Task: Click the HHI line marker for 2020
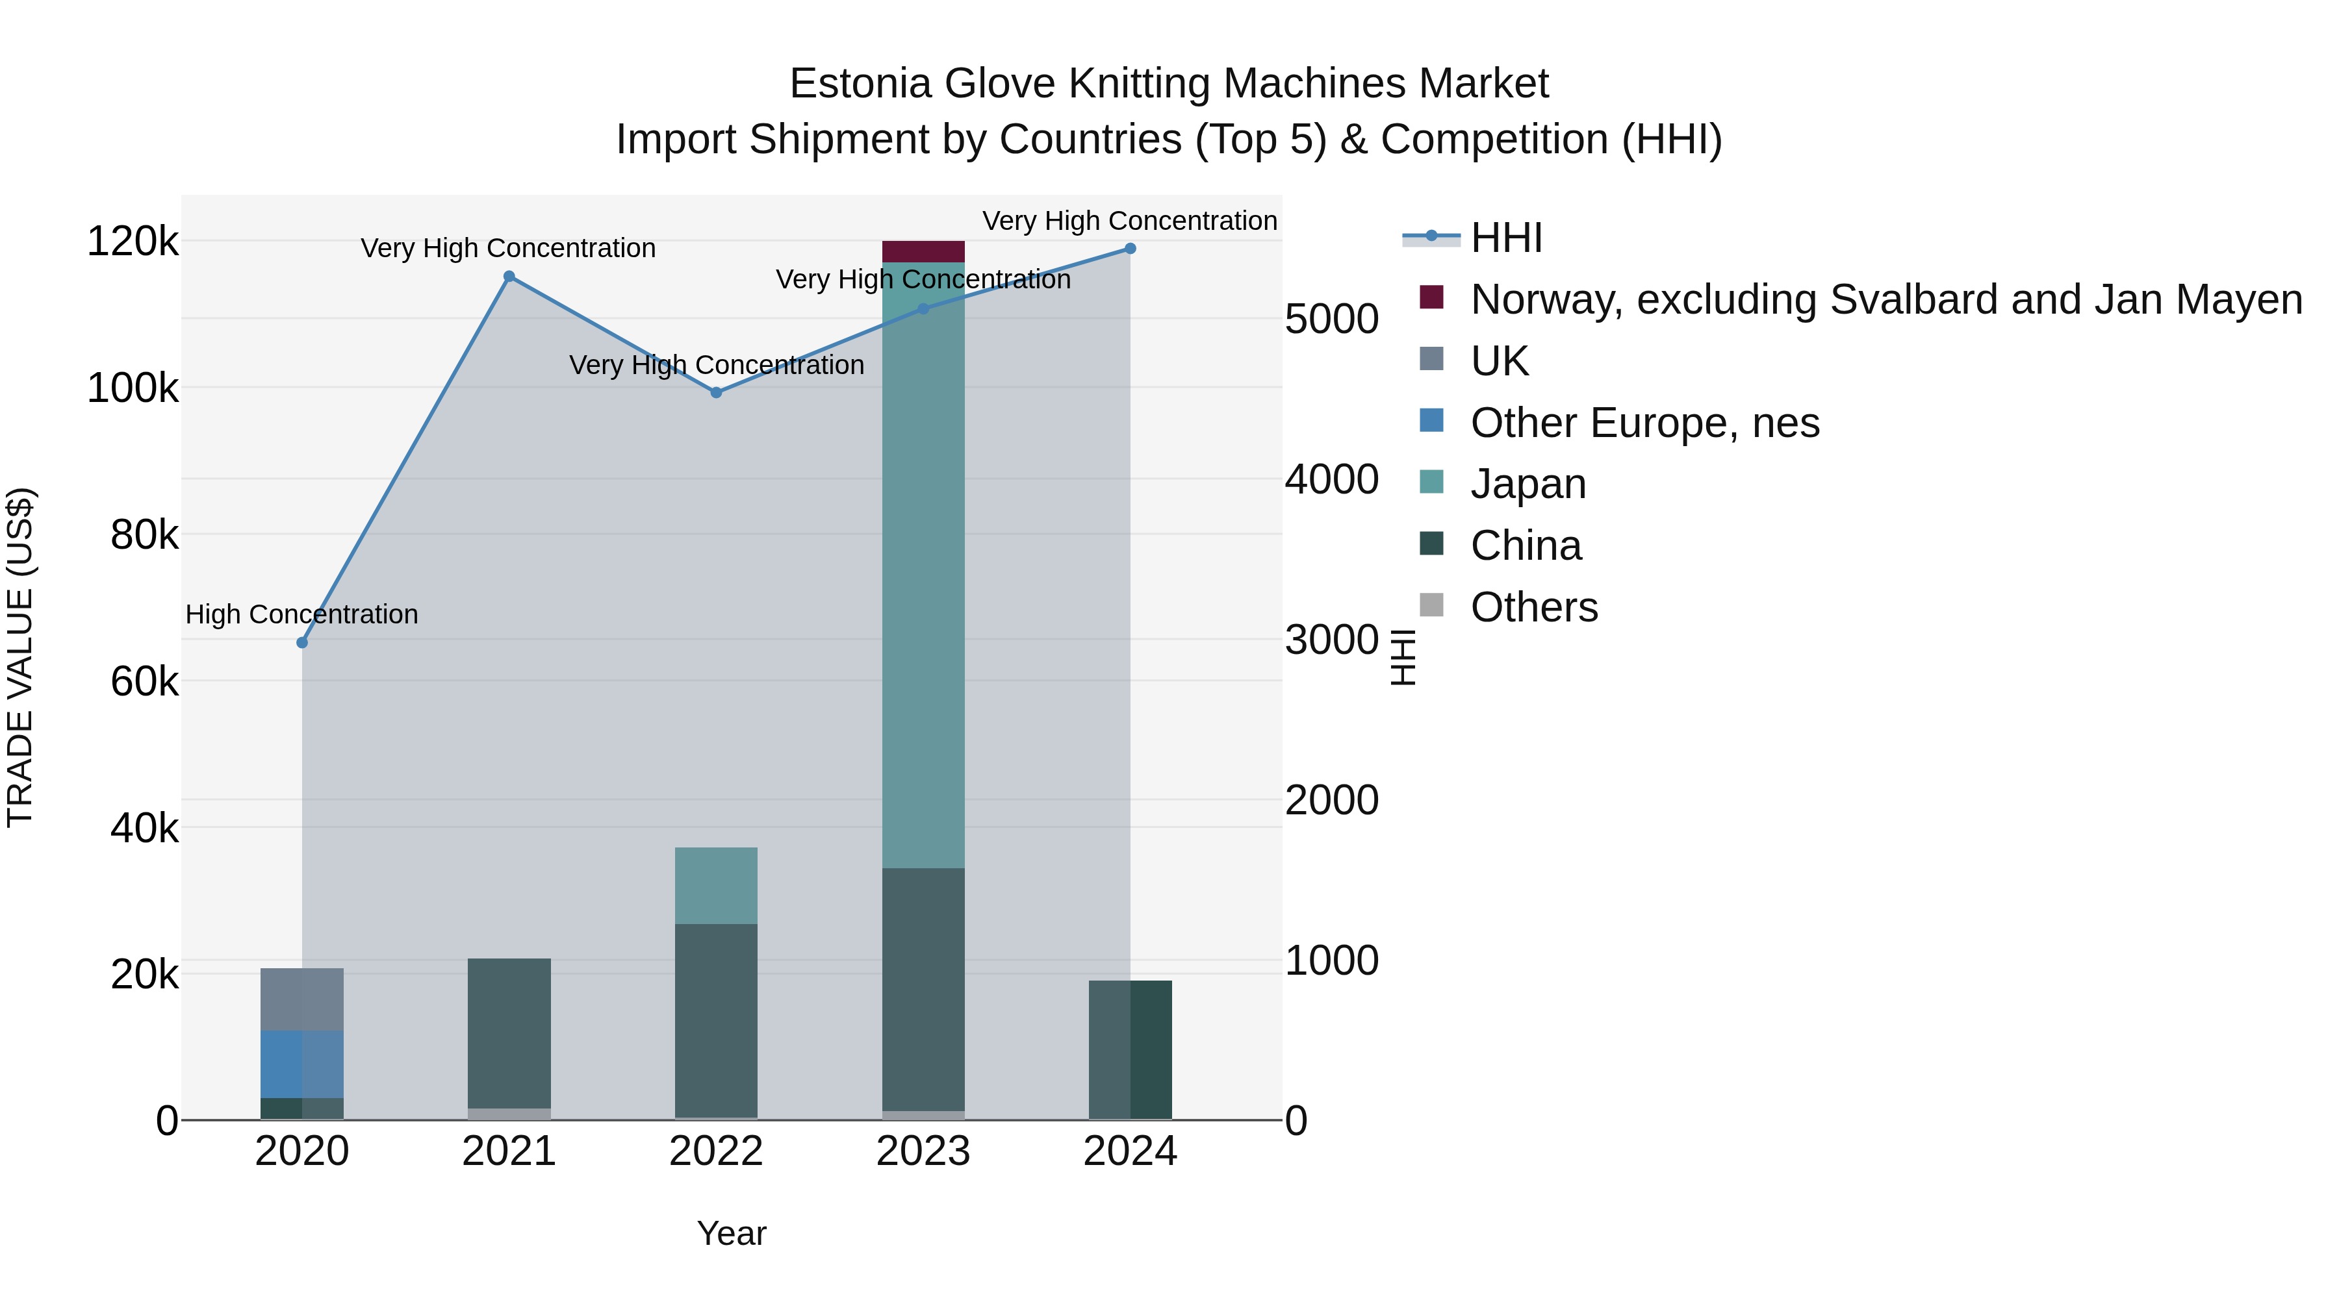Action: [x=302, y=642]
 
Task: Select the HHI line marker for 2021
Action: [x=509, y=277]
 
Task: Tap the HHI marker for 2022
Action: [x=717, y=393]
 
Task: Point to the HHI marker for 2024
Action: [x=1131, y=249]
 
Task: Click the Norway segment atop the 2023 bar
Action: [x=923, y=251]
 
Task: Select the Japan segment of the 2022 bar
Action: [x=717, y=886]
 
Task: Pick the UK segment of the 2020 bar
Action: [x=302, y=999]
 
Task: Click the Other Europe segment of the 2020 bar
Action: [x=302, y=1064]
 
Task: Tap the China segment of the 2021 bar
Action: [x=509, y=1033]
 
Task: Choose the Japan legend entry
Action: [x=1528, y=484]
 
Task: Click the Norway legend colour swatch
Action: [x=1432, y=297]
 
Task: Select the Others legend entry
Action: [x=1533, y=607]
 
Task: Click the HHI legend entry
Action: [x=1506, y=238]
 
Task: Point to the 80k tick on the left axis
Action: [x=144, y=536]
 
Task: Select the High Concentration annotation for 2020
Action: [x=302, y=614]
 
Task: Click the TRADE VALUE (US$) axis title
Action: [x=20, y=657]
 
